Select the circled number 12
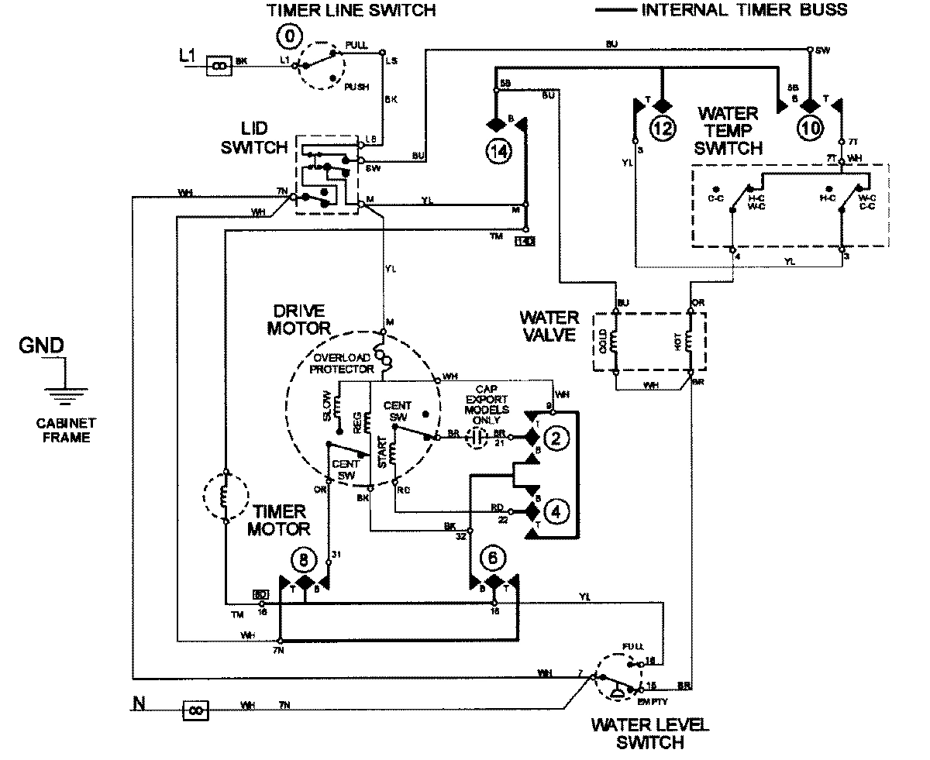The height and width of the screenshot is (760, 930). (663, 129)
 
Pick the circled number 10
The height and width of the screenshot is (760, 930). (809, 129)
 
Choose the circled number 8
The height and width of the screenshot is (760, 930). (304, 558)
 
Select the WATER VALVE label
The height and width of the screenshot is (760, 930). (549, 326)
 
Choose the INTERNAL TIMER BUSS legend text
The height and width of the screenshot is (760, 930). (744, 10)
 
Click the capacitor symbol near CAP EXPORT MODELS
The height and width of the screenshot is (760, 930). (479, 438)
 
